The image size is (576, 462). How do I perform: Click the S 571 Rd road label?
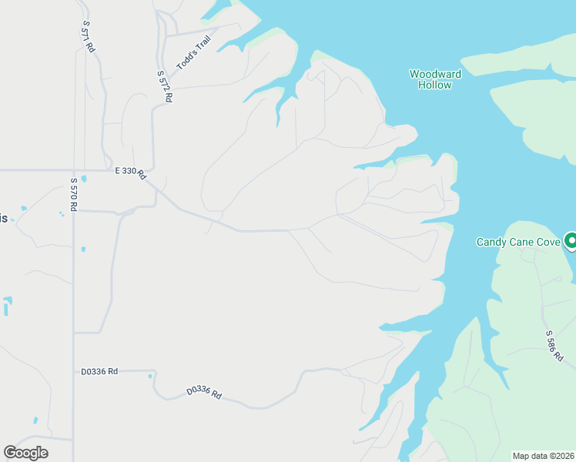(x=88, y=36)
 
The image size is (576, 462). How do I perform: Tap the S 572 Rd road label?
(x=164, y=87)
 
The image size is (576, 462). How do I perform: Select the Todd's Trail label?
(x=193, y=55)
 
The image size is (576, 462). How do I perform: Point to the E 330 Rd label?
(x=130, y=172)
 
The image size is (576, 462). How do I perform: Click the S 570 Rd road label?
(x=74, y=195)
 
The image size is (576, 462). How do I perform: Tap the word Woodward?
(x=435, y=74)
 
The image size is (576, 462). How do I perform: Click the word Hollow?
(x=435, y=85)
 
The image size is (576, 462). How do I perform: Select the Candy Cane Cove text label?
(x=517, y=242)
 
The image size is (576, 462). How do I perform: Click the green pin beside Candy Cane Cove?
(x=571, y=241)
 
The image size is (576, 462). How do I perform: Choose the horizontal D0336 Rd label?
(x=99, y=371)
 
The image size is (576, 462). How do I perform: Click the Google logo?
(x=25, y=453)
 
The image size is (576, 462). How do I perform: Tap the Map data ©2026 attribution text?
(x=544, y=456)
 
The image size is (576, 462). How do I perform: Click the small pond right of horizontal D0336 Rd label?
(x=150, y=376)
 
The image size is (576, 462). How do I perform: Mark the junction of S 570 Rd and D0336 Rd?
(x=74, y=371)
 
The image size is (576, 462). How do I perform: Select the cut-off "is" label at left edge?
(x=3, y=218)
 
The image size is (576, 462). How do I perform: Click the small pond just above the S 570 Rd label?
(x=83, y=179)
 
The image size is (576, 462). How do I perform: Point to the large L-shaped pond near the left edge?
(x=7, y=305)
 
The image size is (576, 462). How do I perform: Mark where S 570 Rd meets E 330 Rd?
(x=74, y=170)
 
